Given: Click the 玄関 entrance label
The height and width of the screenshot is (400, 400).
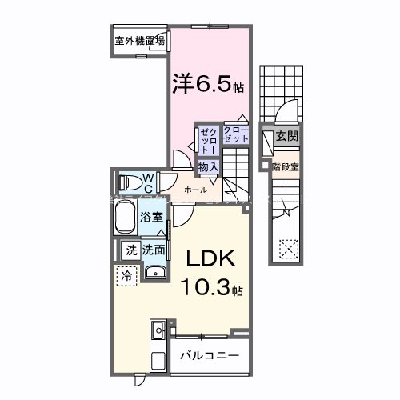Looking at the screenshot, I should tap(287, 137).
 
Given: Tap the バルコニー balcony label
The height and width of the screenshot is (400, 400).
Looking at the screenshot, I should tap(209, 353).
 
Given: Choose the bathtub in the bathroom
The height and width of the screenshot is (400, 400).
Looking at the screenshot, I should tap(126, 217).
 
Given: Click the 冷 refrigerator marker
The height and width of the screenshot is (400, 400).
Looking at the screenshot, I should tap(126, 275).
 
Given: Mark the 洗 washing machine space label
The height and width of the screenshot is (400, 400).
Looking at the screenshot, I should tap(130, 250).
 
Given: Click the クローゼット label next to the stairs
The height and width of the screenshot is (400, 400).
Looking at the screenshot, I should tap(236, 134).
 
